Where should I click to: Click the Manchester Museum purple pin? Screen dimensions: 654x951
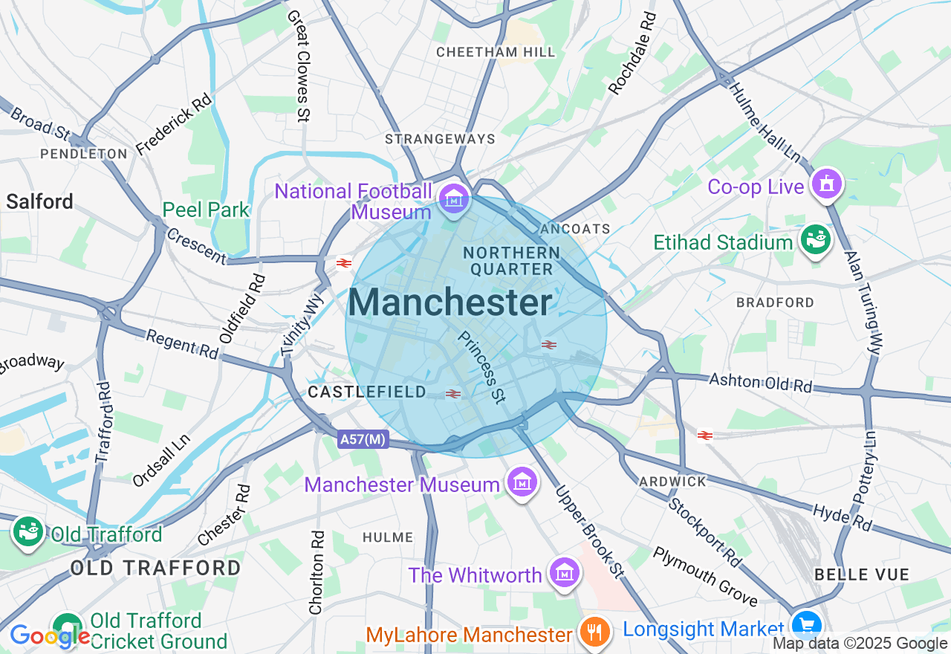(x=522, y=482)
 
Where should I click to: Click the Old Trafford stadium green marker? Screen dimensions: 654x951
(x=28, y=532)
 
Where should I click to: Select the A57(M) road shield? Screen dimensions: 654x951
(x=363, y=439)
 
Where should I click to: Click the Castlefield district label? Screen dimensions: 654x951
(x=367, y=392)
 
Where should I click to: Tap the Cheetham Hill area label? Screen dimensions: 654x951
(x=496, y=52)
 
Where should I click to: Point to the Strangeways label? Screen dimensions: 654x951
(x=440, y=139)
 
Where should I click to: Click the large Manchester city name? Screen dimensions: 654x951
(x=450, y=303)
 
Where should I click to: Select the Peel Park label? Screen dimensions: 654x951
(x=206, y=210)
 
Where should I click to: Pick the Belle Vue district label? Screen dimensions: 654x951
(x=862, y=574)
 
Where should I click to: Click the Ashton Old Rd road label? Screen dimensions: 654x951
(x=760, y=382)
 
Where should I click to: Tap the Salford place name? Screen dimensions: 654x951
(x=40, y=201)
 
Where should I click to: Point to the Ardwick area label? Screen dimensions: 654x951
(x=673, y=482)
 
